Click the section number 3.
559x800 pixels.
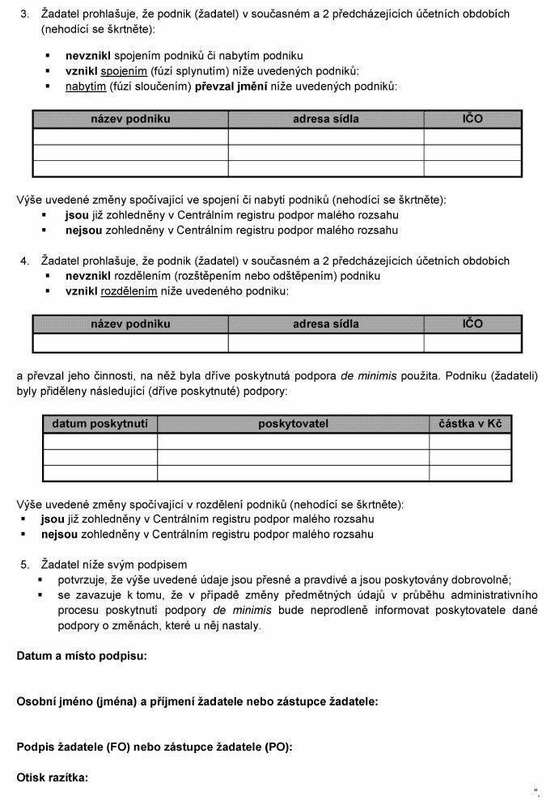24,14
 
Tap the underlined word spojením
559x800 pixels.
123,71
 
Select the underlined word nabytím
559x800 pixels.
85,86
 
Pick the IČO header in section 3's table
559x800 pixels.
472,119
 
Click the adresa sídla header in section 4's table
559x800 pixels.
326,324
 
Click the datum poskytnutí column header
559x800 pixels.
100,424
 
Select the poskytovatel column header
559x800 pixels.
293,424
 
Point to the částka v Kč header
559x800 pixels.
470,424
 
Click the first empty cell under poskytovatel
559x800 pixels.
293,442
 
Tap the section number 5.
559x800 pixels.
24,565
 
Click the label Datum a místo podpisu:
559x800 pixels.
82,656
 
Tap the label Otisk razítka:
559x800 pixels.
53,778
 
